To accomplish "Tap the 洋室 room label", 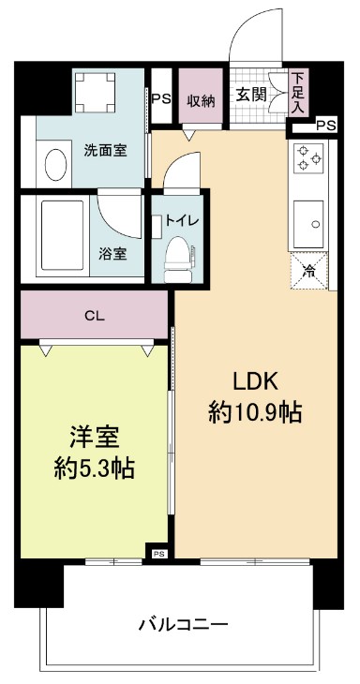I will click(x=94, y=437).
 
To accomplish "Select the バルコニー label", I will click(x=184, y=623).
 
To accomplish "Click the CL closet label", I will click(x=94, y=316).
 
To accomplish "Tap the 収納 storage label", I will click(x=201, y=99).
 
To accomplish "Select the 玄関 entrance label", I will click(x=249, y=94).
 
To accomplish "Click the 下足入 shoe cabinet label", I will click(x=297, y=94).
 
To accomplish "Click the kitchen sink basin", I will click(x=310, y=223).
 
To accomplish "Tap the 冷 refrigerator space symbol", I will click(x=309, y=272).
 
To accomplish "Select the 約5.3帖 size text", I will click(x=94, y=468).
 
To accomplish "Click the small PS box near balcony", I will click(x=158, y=554).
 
